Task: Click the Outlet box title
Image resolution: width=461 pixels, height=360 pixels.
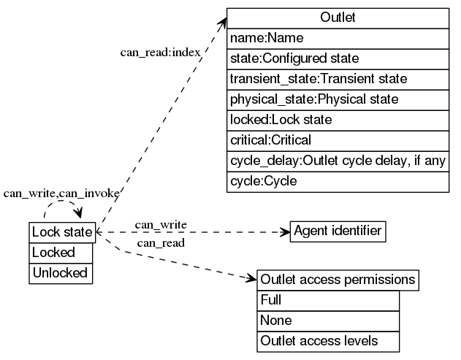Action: [338, 18]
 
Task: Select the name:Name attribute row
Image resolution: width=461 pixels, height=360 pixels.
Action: [338, 38]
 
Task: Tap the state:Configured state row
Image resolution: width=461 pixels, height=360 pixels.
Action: [338, 58]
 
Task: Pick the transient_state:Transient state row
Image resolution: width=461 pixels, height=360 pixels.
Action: [338, 78]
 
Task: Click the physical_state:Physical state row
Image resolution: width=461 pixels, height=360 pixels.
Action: [338, 99]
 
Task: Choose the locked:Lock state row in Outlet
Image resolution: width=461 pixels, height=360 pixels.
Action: [338, 119]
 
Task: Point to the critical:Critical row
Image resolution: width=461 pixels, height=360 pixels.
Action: [338, 139]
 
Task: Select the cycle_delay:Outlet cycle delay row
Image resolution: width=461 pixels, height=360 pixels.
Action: [338, 161]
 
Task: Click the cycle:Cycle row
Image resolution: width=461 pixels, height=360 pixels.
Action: [338, 181]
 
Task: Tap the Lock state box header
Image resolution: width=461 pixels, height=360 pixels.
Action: [61, 232]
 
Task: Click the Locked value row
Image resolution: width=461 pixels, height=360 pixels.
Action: [61, 253]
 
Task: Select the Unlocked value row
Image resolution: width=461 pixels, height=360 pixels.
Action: [61, 273]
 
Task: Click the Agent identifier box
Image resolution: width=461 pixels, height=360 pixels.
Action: [338, 231]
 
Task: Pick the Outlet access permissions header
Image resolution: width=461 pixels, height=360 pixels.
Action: [338, 280]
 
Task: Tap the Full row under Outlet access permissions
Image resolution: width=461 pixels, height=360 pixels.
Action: [329, 300]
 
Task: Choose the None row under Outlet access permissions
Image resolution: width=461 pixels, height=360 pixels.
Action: [329, 321]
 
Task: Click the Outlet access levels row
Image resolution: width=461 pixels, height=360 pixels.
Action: [329, 340]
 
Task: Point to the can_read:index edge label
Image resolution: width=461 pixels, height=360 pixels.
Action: [161, 53]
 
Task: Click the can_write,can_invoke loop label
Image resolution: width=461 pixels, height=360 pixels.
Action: [61, 194]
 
